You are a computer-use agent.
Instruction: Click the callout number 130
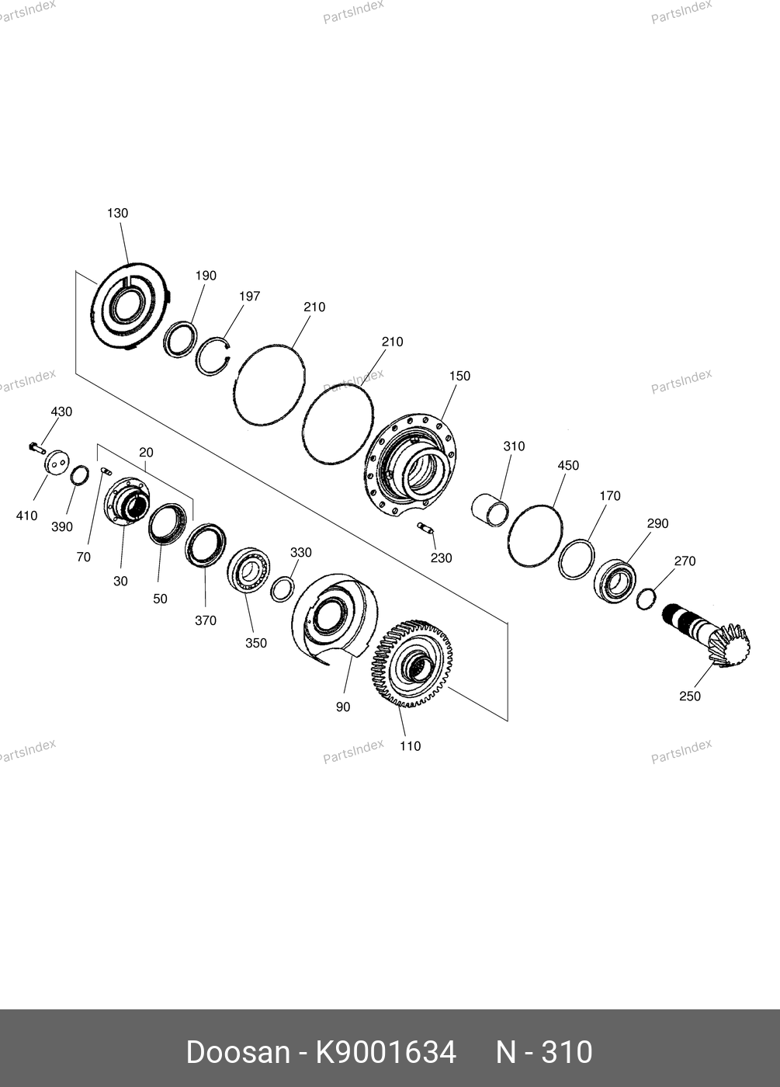pyautogui.click(x=117, y=213)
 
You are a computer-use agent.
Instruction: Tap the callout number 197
pyautogui.click(x=250, y=296)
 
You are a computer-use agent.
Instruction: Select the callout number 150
pyautogui.click(x=459, y=376)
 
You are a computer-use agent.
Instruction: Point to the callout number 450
pyautogui.click(x=568, y=465)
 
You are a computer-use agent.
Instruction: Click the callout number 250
pyautogui.click(x=690, y=696)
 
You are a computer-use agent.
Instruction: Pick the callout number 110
pyautogui.click(x=411, y=746)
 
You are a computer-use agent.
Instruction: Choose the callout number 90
pyautogui.click(x=343, y=707)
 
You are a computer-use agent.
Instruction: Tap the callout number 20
pyautogui.click(x=146, y=452)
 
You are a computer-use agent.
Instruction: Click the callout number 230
pyautogui.click(x=442, y=558)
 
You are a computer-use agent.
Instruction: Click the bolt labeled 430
pyautogui.click(x=37, y=449)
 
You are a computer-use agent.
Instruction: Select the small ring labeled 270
pyautogui.click(x=646, y=599)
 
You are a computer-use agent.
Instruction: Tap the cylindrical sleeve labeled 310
pyautogui.click(x=491, y=510)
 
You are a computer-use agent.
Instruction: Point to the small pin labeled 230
pyautogui.click(x=425, y=527)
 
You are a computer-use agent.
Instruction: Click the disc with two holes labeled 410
pyautogui.click(x=57, y=463)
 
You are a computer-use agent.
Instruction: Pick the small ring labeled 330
pyautogui.click(x=283, y=589)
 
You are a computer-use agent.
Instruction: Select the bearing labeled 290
pyautogui.click(x=615, y=582)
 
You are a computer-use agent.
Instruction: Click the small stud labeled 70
pyautogui.click(x=106, y=471)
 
